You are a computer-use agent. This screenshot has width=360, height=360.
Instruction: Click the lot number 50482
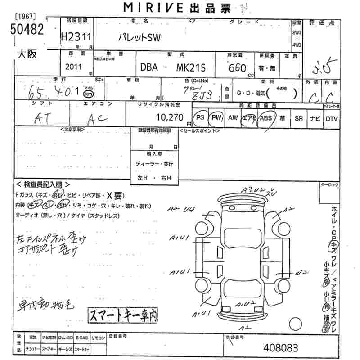pos(27,30)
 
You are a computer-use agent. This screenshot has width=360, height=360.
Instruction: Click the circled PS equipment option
pos(201,118)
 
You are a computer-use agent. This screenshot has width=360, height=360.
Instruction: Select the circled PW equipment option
pos(217,118)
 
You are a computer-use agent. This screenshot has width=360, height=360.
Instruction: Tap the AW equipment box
pos(233,118)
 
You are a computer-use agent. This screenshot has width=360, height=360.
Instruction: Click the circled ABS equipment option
pos(266,118)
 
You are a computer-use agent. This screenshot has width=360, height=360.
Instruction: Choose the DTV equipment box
pos(332,118)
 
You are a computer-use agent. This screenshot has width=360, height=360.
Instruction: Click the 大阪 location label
pos(27,54)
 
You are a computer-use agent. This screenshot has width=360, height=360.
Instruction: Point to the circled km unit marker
pos(89,94)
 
